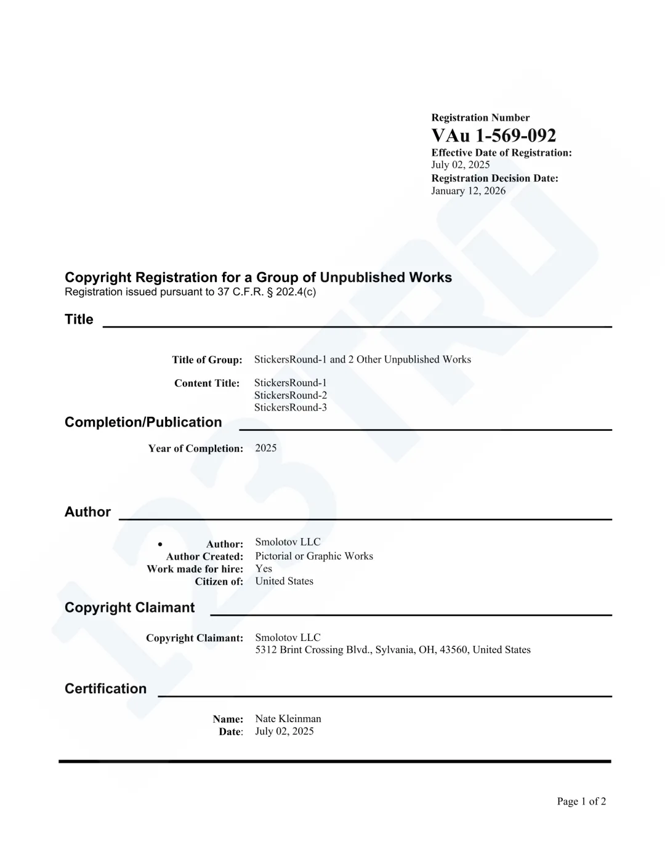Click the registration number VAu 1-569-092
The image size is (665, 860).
tap(493, 135)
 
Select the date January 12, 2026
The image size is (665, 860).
tap(468, 191)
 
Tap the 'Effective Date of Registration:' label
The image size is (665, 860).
tap(501, 153)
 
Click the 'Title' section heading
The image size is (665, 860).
tap(79, 319)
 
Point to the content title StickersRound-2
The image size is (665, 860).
tap(290, 395)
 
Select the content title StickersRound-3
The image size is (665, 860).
tap(290, 408)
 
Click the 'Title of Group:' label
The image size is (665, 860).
tap(207, 360)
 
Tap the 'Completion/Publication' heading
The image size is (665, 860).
tap(143, 422)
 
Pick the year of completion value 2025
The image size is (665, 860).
tap(266, 448)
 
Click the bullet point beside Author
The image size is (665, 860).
tap(160, 544)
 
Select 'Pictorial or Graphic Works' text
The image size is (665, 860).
tap(314, 557)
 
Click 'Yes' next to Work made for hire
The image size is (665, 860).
tap(264, 569)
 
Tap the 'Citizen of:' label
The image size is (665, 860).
tap(219, 582)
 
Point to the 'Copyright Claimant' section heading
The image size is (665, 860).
tap(129, 608)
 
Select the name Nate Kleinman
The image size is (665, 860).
tap(288, 719)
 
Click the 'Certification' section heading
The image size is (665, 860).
tap(105, 689)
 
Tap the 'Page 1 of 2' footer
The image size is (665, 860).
tap(581, 802)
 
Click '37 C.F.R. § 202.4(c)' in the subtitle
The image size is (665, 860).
tap(266, 292)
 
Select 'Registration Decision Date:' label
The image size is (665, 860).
tap(494, 179)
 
